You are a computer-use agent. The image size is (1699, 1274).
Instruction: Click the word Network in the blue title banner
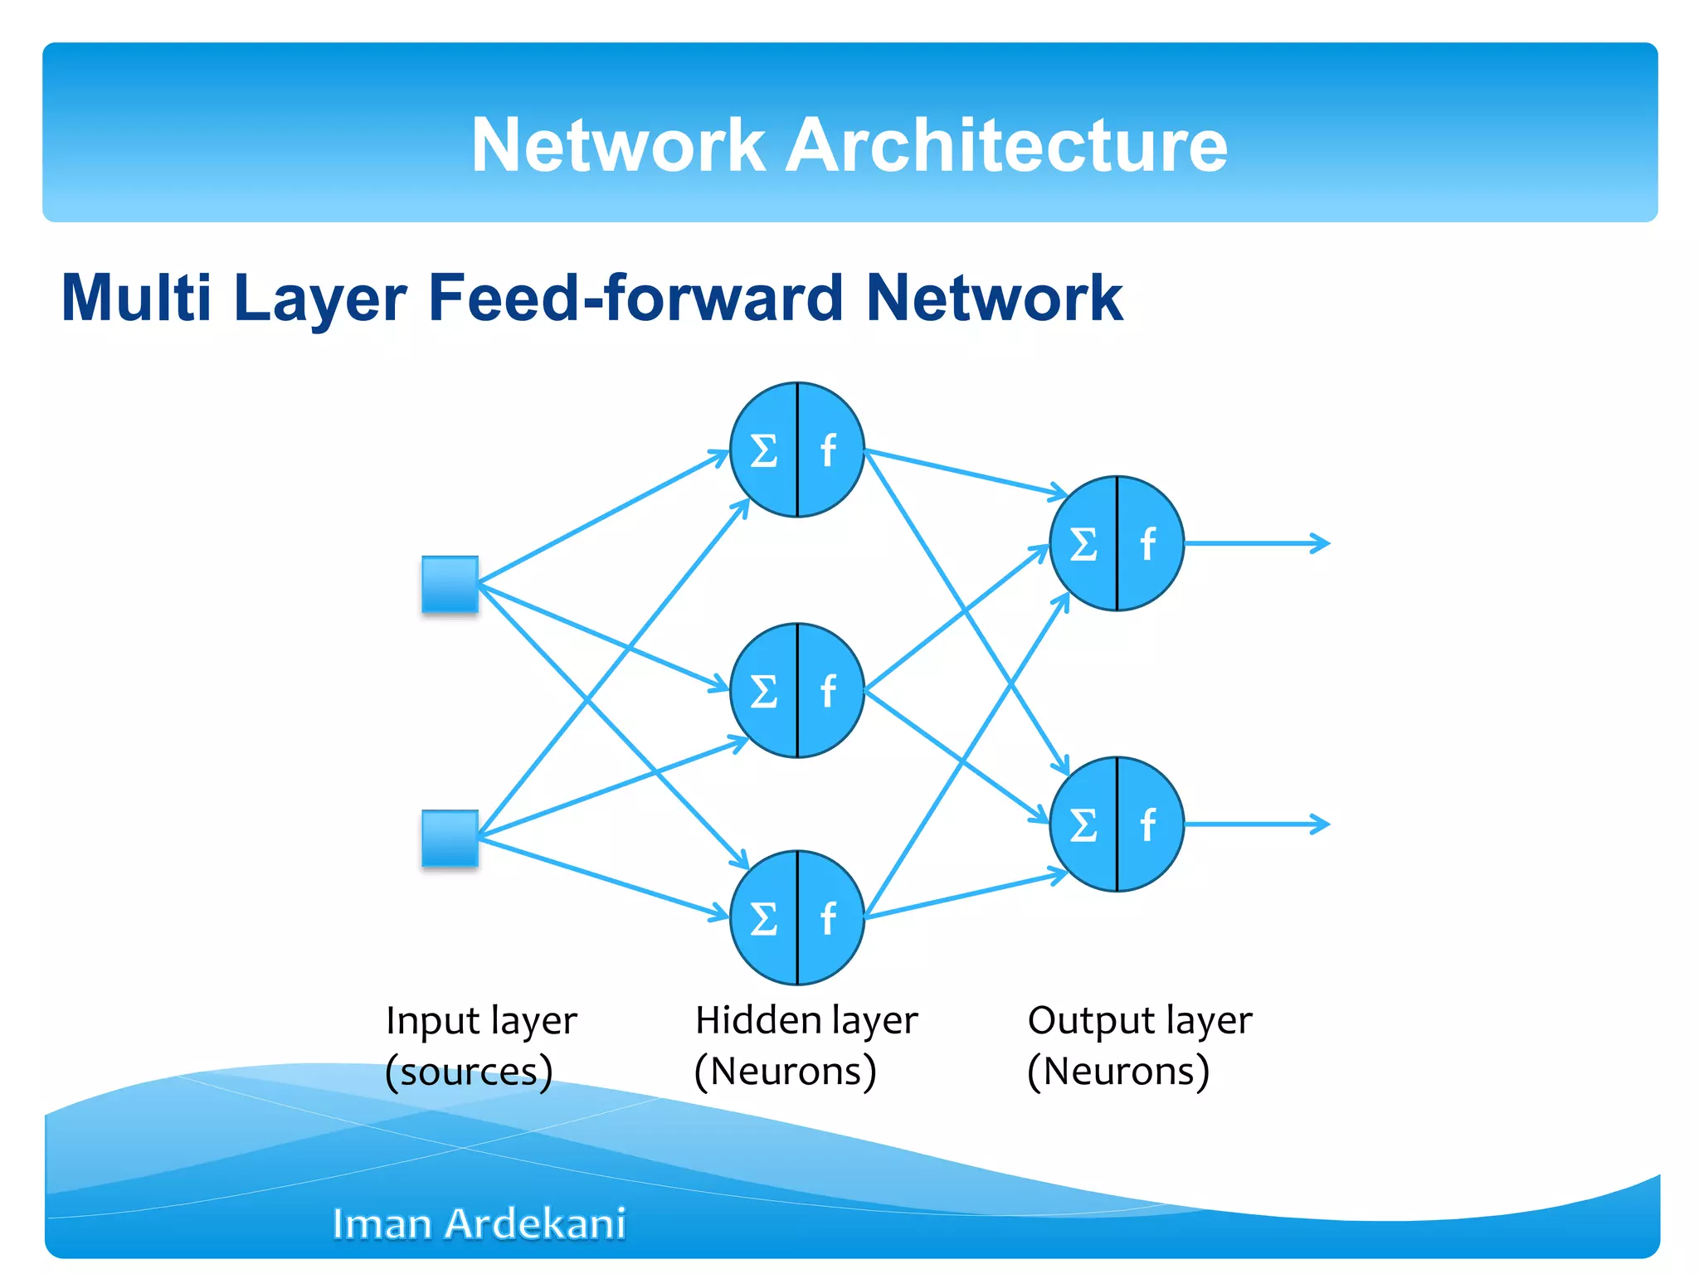click(617, 145)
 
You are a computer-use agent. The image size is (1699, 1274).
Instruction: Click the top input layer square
click(450, 585)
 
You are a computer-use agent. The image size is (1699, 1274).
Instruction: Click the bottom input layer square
click(450, 839)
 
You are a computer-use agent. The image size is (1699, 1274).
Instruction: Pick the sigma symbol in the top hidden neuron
click(763, 451)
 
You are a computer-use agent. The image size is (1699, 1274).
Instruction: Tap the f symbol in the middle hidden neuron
click(827, 691)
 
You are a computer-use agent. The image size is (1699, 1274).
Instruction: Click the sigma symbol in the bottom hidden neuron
click(763, 919)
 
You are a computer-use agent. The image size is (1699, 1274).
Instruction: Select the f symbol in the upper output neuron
click(1147, 544)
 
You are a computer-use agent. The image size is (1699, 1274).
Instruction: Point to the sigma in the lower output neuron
click(1083, 825)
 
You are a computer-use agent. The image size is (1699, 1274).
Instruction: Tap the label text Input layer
click(481, 1020)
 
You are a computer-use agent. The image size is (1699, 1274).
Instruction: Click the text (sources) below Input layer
click(469, 1072)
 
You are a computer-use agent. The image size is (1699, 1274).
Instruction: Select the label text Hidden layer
click(806, 1020)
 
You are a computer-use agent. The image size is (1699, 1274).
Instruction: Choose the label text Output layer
click(1139, 1020)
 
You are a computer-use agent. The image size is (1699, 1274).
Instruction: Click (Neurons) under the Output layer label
click(1117, 1071)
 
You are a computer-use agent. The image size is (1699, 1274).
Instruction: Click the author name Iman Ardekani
click(479, 1223)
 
